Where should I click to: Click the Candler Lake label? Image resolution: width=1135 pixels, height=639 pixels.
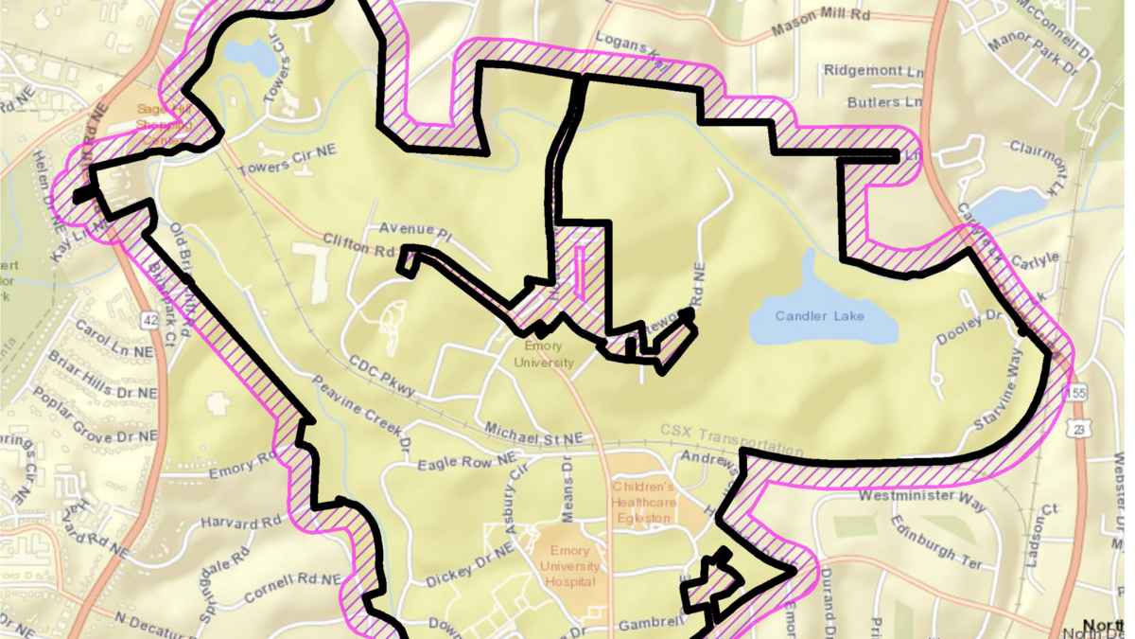coord(819,315)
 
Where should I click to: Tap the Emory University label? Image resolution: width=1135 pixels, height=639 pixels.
coord(543,355)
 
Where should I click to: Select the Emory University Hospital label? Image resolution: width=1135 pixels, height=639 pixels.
coord(567,566)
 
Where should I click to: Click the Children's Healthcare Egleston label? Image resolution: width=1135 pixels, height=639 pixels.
coord(647,502)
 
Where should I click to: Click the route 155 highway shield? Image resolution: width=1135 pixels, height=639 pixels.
coord(1074,392)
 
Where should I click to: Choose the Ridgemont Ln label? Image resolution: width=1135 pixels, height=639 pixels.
coord(872,70)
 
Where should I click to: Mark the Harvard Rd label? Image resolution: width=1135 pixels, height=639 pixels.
coord(242,522)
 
